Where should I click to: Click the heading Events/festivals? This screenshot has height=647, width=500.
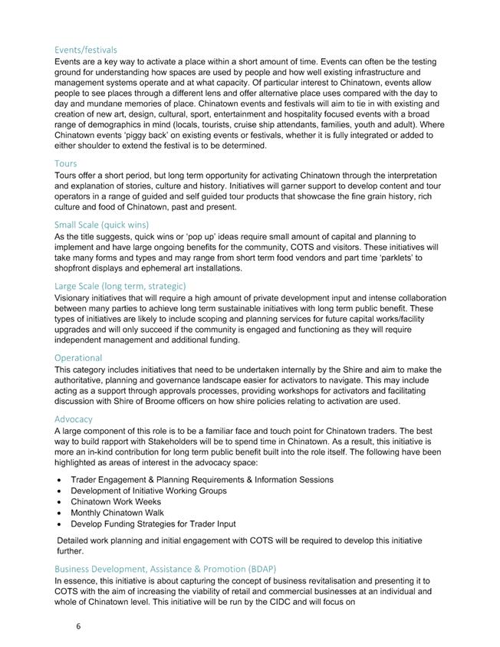(85, 50)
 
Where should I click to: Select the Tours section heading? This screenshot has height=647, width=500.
(66, 163)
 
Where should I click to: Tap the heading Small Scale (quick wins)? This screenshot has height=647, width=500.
(101, 225)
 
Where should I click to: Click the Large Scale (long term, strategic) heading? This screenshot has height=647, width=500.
(120, 286)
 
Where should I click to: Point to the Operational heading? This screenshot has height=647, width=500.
(78, 358)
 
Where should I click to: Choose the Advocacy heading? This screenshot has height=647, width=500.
(74, 419)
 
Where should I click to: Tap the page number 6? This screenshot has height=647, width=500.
(78, 626)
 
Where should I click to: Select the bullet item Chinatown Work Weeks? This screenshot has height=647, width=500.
(117, 502)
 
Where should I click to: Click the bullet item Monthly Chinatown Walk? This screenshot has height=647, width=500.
(117, 513)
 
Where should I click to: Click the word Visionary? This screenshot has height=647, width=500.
(74, 297)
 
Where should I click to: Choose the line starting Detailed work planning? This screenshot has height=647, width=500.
(239, 540)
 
